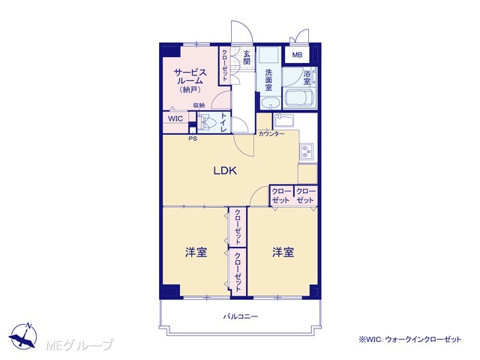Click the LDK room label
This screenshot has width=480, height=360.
click(x=225, y=170)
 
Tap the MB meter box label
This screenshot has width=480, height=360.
click(x=297, y=55)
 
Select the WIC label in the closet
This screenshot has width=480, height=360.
click(x=175, y=118)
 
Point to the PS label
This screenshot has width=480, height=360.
click(x=193, y=139)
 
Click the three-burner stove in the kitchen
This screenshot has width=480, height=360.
click(x=306, y=151)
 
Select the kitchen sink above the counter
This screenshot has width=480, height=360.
click(x=283, y=120)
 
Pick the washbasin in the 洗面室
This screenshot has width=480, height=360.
click(x=270, y=103)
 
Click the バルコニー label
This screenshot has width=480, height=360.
click(x=240, y=316)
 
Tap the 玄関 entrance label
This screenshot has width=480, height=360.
click(x=247, y=58)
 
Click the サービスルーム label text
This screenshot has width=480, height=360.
click(x=190, y=76)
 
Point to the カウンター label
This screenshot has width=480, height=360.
click(x=271, y=133)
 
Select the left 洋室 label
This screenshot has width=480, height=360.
click(x=196, y=252)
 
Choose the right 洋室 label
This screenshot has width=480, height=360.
click(x=283, y=252)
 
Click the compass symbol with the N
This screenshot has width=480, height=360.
click(x=23, y=336)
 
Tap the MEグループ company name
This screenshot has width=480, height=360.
click(x=79, y=345)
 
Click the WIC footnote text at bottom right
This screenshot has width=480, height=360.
click(x=410, y=339)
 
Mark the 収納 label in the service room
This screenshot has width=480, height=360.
click(x=199, y=105)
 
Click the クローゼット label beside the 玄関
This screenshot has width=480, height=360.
click(x=225, y=65)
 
